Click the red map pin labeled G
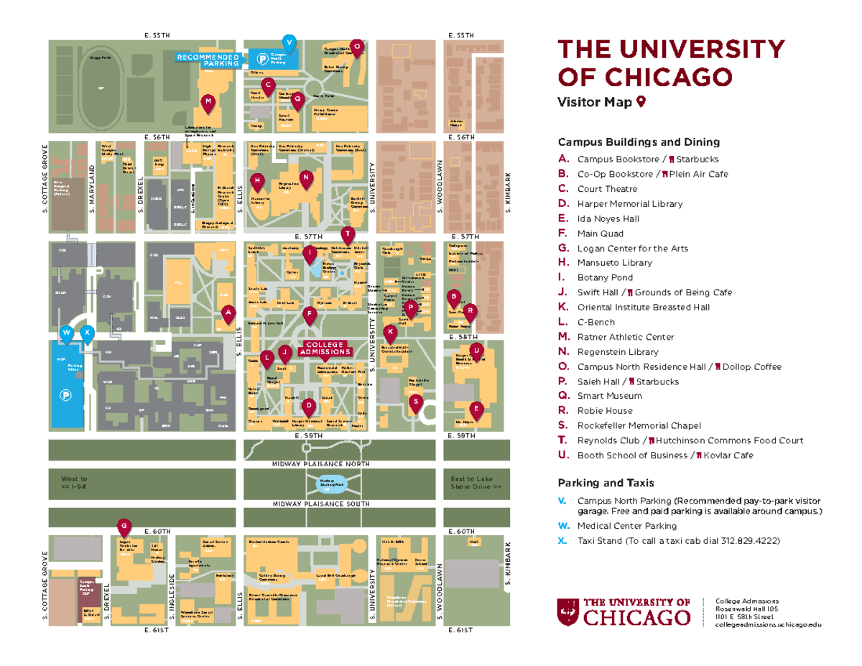124,527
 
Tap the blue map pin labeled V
289,41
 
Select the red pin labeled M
208,102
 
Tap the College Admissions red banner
325,348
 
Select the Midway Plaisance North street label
321,464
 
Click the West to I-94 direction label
75,482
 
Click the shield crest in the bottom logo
567,611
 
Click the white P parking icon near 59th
65,394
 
